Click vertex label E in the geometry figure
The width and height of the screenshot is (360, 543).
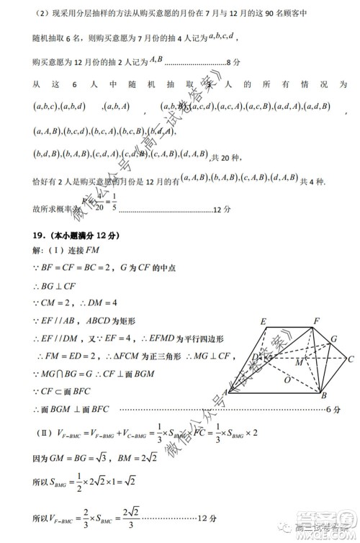point(264,320)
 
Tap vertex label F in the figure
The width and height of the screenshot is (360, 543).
point(317,320)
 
